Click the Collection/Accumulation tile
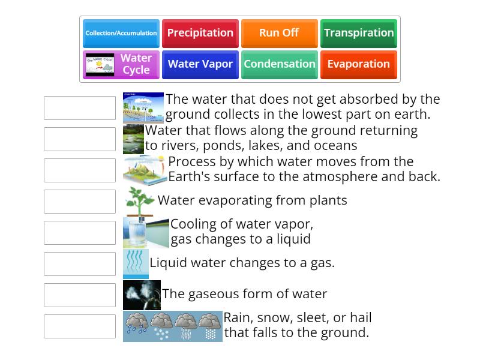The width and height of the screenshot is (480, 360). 121,33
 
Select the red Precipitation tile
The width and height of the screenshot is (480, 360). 200,33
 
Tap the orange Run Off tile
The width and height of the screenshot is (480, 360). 279,33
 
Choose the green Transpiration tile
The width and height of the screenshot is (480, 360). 359,33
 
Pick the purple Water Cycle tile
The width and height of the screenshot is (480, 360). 121,64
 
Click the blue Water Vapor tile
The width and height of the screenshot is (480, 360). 200,64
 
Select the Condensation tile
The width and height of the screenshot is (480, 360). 279,64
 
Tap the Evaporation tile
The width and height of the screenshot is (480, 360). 359,64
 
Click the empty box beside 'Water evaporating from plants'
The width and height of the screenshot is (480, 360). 80,202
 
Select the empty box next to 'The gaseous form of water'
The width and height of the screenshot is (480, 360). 80,295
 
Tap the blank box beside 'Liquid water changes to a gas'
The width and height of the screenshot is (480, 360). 80,264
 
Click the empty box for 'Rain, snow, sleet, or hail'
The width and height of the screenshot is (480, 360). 80,326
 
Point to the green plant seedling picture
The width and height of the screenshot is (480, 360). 139,202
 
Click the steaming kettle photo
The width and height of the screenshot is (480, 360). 142,295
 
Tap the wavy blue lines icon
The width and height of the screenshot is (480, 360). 136,263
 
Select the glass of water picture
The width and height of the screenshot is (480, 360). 145,233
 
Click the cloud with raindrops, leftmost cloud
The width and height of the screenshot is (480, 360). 136,325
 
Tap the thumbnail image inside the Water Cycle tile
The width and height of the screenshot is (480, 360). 100,65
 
